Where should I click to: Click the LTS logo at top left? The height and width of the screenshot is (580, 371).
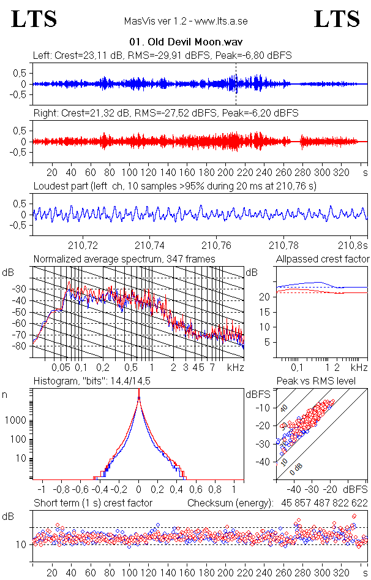coord(34,19)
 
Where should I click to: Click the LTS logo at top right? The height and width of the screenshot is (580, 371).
coord(337,19)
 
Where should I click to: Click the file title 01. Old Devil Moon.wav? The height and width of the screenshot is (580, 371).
coord(185,42)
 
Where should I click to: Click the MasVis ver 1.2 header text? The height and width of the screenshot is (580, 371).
coord(185,21)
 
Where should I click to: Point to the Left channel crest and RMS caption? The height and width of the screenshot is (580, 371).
coord(162,56)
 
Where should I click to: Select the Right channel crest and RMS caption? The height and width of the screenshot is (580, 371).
coord(165,113)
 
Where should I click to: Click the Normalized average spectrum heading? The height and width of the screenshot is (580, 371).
coord(124,259)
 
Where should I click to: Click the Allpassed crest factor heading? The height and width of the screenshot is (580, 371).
coord(323,259)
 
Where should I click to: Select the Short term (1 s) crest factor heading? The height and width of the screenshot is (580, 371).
coord(92,503)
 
